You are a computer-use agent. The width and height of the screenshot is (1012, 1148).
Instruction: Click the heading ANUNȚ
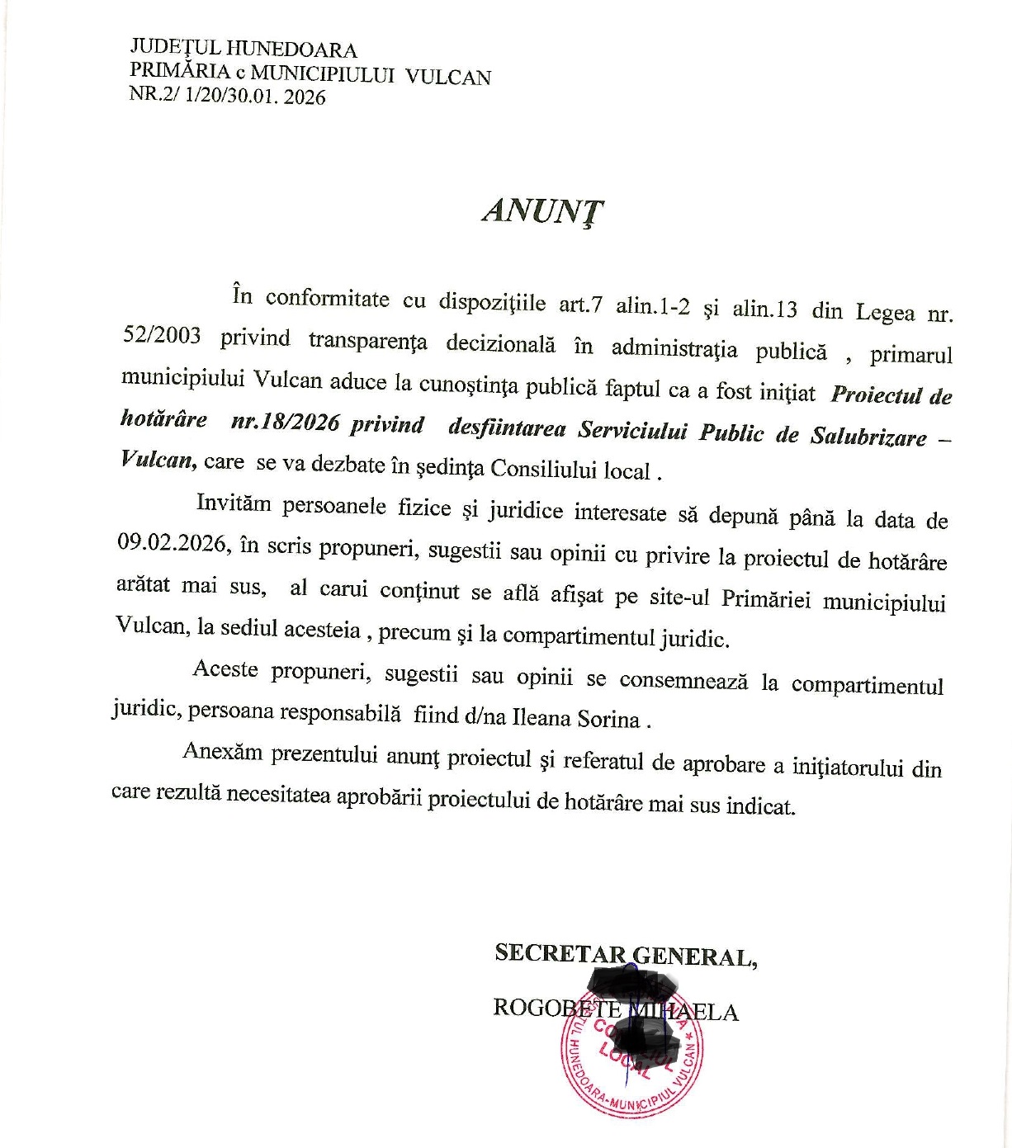pos(542,212)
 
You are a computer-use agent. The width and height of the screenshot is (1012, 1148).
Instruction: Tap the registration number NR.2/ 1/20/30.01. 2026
pos(228,97)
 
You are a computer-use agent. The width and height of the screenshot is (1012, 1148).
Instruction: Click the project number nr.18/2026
pos(285,423)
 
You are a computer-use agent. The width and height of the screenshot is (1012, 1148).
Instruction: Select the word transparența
pos(367,339)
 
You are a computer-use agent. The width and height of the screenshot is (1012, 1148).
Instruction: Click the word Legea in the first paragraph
pos(885,312)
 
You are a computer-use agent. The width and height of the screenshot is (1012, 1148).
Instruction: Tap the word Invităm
pos(233,503)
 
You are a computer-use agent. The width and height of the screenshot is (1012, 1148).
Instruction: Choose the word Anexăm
pos(222,753)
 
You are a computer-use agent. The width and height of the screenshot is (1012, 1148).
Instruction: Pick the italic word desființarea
pos(507,428)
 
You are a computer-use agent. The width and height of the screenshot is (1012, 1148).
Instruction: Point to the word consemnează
pos(683,681)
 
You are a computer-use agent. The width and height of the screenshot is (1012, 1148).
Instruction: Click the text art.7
pos(580,304)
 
